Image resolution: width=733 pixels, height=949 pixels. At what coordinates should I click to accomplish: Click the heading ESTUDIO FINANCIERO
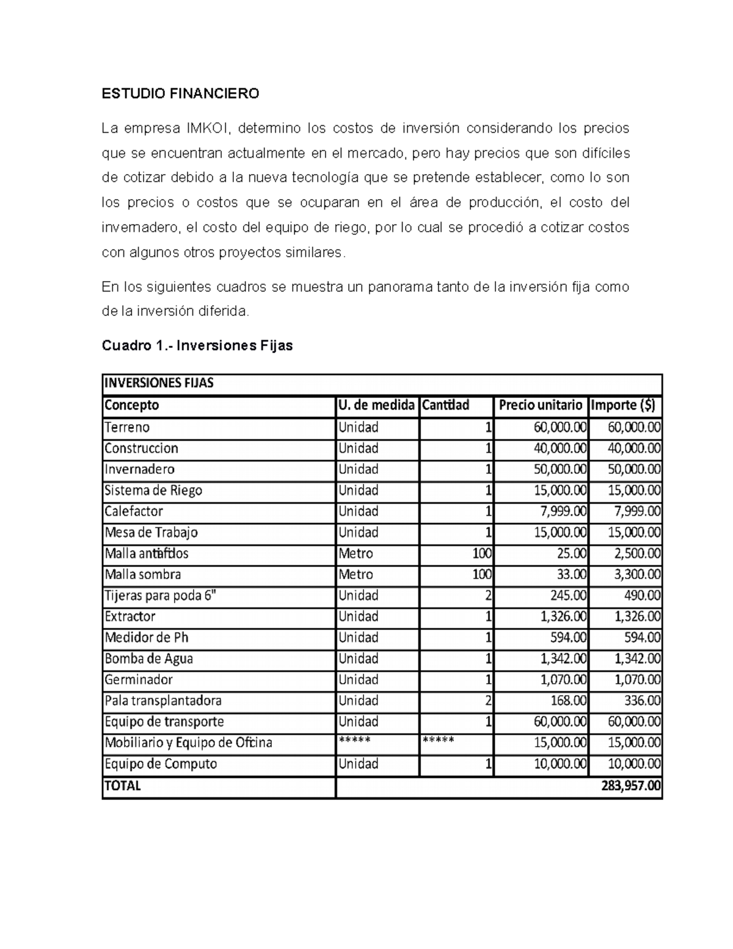(180, 93)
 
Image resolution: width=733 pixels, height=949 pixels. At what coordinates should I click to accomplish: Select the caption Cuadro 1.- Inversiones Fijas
(197, 346)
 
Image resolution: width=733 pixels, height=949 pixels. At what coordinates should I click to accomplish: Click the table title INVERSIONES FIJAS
(159, 383)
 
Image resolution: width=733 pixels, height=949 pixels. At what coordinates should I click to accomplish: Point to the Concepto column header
(132, 405)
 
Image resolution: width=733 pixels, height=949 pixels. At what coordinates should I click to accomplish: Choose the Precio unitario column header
(541, 405)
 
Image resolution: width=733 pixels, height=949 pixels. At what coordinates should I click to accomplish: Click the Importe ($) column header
(622, 405)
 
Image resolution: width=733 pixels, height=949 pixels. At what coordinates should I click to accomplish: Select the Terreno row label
(127, 427)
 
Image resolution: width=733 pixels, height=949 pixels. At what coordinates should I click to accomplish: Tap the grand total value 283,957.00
(631, 786)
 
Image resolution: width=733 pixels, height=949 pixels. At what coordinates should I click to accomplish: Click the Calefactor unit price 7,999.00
(560, 511)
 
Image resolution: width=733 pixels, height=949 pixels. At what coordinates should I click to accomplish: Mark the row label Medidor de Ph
(147, 637)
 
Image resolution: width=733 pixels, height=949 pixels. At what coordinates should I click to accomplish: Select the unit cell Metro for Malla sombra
(356, 574)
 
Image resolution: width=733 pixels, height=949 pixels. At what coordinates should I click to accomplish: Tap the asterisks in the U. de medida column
(354, 740)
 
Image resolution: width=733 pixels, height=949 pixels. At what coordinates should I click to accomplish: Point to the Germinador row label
(139, 680)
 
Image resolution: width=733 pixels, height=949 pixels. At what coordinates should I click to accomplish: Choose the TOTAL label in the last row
(123, 786)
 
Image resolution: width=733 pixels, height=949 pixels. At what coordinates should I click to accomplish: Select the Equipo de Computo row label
(161, 764)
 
